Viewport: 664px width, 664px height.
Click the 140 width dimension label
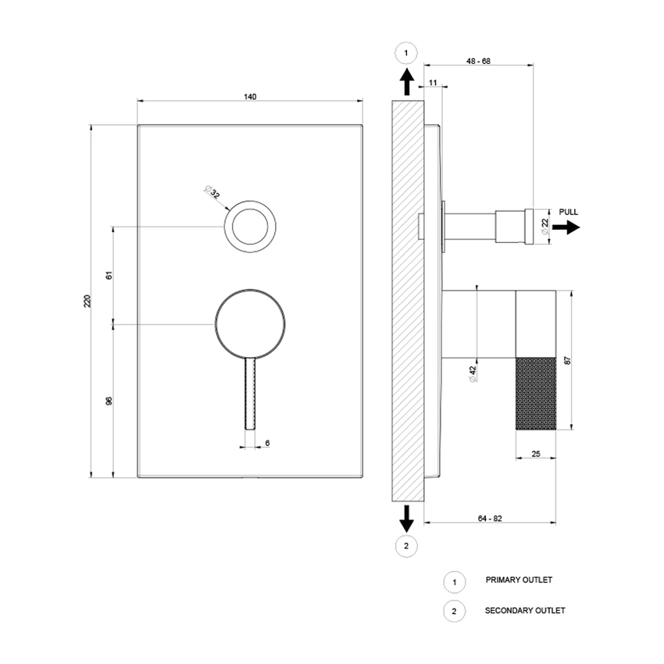coord(249,97)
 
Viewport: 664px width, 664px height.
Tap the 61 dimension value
coord(109,274)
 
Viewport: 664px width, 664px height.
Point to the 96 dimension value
coord(109,400)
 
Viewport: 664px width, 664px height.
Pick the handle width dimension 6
coord(267,443)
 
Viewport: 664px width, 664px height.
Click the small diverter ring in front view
coord(250,226)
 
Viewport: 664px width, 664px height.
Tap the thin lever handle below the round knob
coord(250,394)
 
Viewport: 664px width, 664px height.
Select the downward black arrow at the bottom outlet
coord(405,516)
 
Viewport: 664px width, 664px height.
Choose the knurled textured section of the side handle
coord(536,391)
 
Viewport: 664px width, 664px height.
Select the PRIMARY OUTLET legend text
coord(519,580)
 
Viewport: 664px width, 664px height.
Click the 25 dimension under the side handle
coord(536,452)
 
